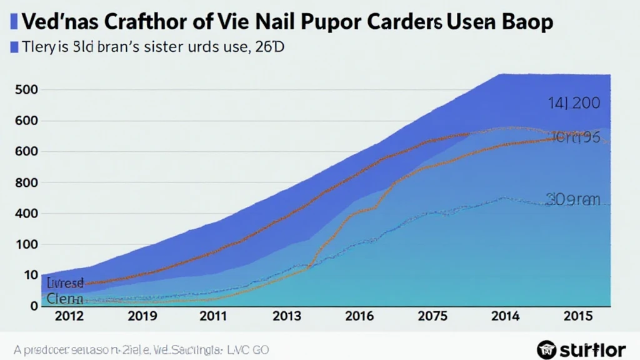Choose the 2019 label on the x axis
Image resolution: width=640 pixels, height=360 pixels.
(x=142, y=316)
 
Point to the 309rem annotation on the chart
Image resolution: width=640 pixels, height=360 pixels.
(x=572, y=200)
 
